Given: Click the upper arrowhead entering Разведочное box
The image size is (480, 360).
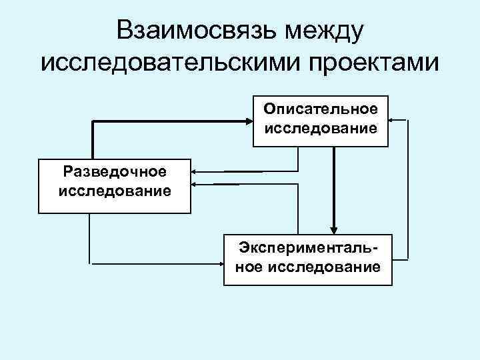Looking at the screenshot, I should click(195, 171).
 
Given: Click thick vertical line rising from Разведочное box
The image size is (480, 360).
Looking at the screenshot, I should click(92, 139).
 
